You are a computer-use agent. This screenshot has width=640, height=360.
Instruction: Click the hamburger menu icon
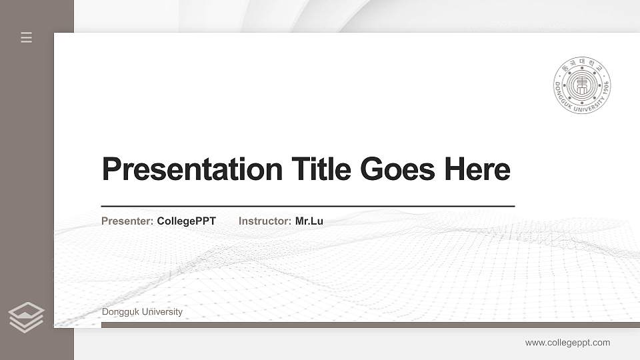[26, 37]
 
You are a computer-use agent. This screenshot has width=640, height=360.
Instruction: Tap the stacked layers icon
[26, 317]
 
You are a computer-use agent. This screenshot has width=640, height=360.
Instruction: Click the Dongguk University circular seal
[582, 85]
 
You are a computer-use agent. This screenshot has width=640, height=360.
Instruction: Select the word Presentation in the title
[193, 169]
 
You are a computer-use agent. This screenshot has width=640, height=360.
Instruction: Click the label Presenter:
[127, 221]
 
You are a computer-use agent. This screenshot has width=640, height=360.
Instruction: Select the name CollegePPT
[187, 221]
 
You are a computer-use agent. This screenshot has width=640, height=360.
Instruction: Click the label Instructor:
[265, 221]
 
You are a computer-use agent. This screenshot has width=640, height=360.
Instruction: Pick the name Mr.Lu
[309, 221]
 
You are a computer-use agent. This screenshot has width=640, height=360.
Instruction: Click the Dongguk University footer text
[142, 312]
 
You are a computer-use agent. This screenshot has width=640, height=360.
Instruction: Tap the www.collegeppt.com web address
[567, 343]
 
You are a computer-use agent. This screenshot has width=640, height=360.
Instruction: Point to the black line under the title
[308, 206]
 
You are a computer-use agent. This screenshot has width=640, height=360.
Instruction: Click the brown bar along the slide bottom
[370, 325]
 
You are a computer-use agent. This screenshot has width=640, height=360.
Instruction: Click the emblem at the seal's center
[582, 85]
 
